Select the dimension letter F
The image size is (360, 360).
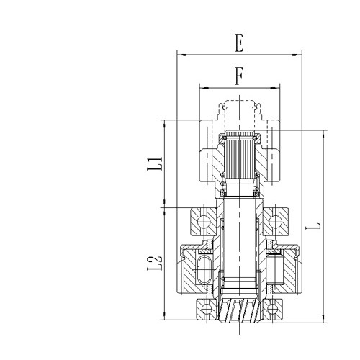tap(239, 74)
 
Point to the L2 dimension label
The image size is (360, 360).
tap(154, 261)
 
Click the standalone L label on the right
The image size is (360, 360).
tap(314, 225)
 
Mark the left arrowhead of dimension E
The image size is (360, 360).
tap(180, 54)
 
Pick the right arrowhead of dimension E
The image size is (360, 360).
tap(298, 54)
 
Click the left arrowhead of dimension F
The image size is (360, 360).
tap(202, 87)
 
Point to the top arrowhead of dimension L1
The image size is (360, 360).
tap(166, 122)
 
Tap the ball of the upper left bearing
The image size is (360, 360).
tap(202, 220)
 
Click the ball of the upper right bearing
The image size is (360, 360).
tap(276, 220)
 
